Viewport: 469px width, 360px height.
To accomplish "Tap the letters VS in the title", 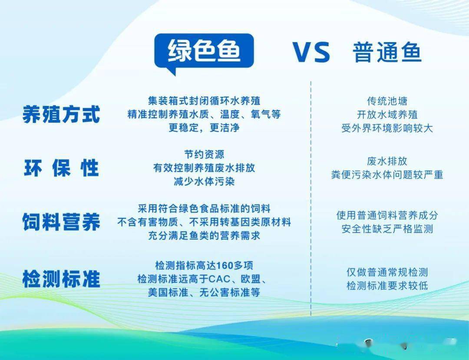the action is pyautogui.click(x=311, y=52).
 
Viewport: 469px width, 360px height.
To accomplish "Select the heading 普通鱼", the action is pyautogui.click(x=387, y=52).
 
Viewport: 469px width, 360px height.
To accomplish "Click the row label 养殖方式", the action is pyautogui.click(x=61, y=115).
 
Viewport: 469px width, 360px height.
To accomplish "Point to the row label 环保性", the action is pyautogui.click(x=61, y=168).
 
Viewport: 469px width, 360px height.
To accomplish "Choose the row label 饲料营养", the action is pyautogui.click(x=61, y=222).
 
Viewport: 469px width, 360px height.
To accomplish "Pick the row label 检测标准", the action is pyautogui.click(x=61, y=279).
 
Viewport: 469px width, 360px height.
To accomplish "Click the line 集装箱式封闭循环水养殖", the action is pyautogui.click(x=204, y=101).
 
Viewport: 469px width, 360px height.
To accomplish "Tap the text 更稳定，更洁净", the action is pyautogui.click(x=204, y=128).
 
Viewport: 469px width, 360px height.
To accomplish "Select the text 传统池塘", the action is pyautogui.click(x=387, y=101).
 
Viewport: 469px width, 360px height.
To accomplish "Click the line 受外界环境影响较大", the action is pyautogui.click(x=387, y=128).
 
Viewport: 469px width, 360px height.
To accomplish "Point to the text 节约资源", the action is pyautogui.click(x=204, y=155).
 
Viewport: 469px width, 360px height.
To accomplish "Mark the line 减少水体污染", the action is pyautogui.click(x=204, y=182).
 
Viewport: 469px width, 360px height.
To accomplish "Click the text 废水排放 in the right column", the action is pyautogui.click(x=387, y=161).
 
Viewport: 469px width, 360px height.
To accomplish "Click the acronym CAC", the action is pyautogui.click(x=219, y=279).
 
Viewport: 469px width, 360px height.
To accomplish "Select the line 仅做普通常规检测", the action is pyautogui.click(x=387, y=272).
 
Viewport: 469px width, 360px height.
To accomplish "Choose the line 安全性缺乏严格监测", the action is pyautogui.click(x=387, y=229).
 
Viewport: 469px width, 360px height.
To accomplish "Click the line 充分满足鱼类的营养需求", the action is pyautogui.click(x=204, y=236).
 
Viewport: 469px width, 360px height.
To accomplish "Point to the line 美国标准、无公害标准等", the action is pyautogui.click(x=204, y=292).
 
